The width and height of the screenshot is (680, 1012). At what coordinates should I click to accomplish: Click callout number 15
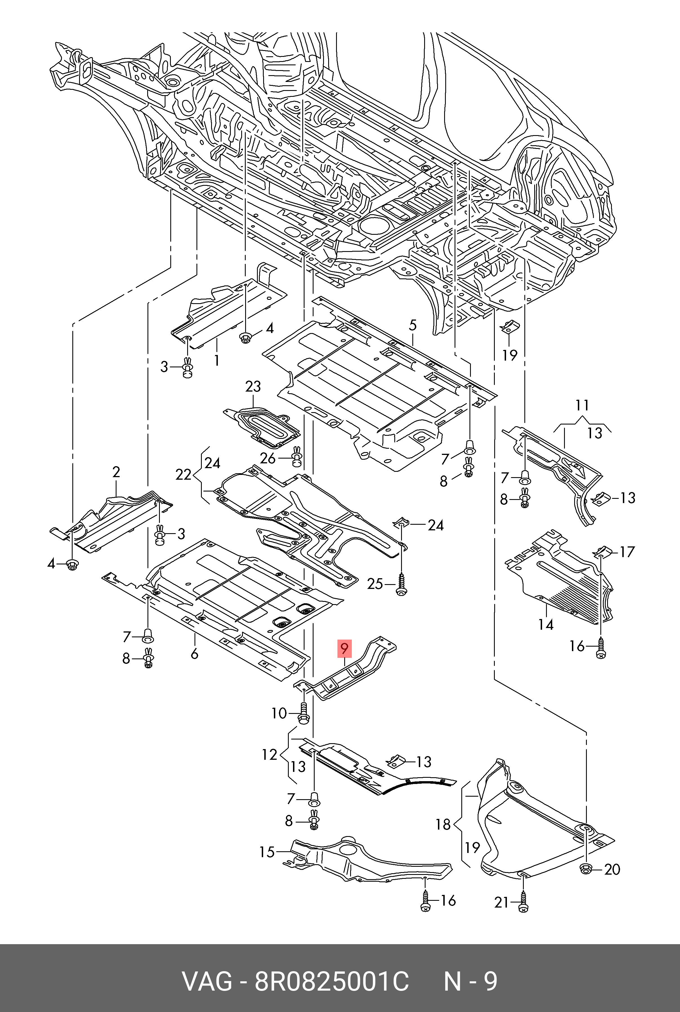[267, 852]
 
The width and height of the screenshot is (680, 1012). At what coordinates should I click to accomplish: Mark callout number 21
[502, 903]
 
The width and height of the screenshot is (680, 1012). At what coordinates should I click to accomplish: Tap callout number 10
[279, 713]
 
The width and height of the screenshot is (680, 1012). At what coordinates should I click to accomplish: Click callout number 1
[216, 360]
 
